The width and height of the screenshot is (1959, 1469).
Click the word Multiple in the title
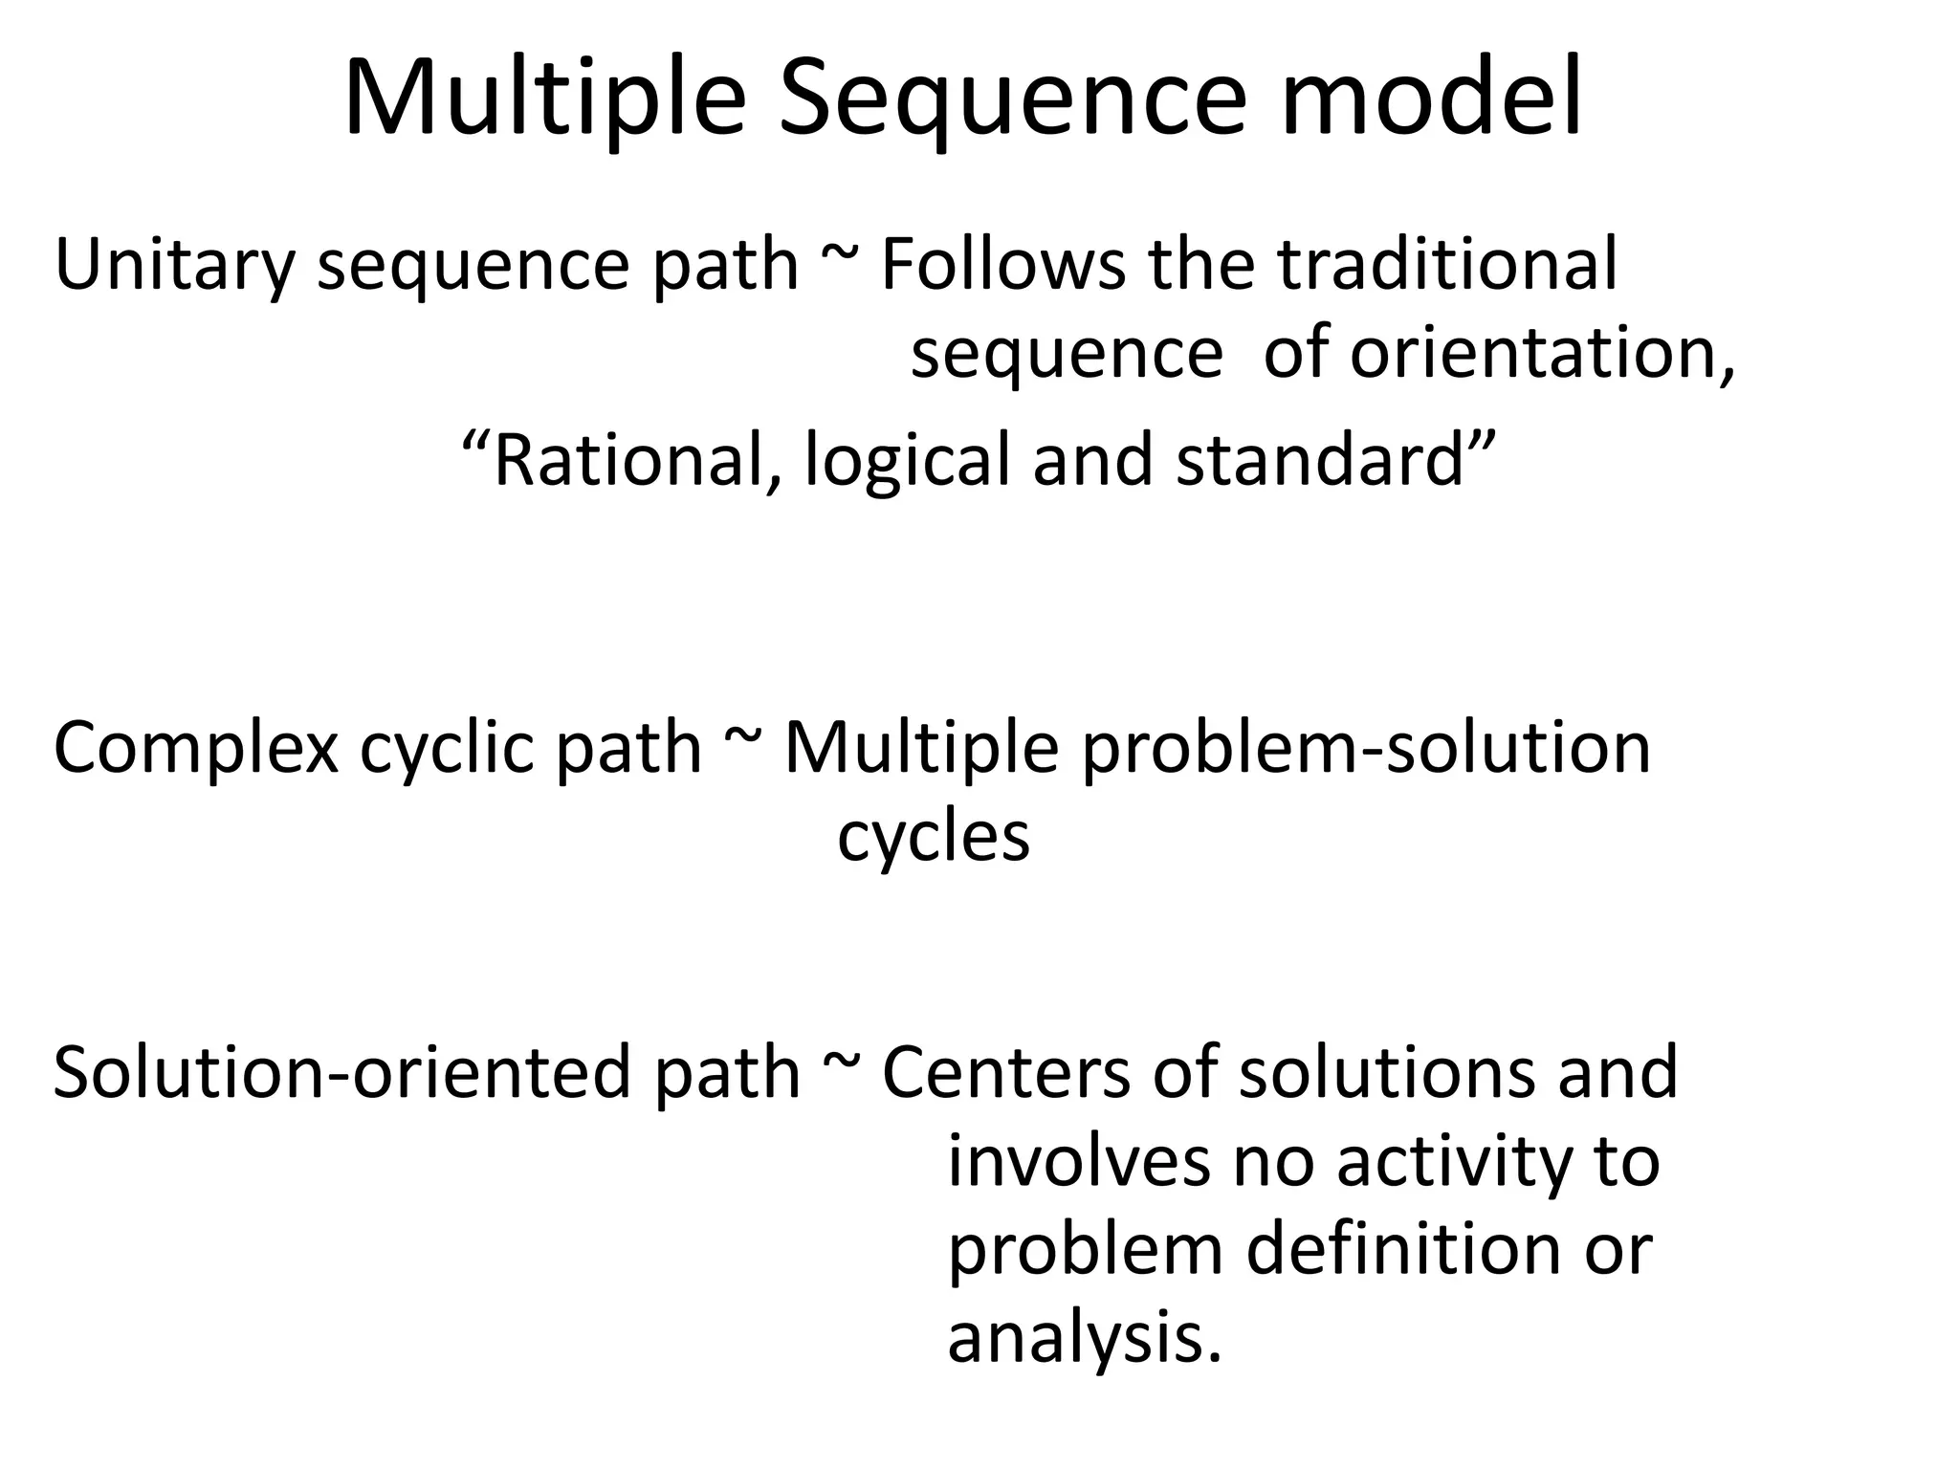coord(544,100)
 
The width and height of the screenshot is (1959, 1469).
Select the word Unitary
coord(173,265)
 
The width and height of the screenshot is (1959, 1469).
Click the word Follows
coord(1002,265)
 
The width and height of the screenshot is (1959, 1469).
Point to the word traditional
coord(1447,265)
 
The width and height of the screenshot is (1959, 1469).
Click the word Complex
coord(196,749)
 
